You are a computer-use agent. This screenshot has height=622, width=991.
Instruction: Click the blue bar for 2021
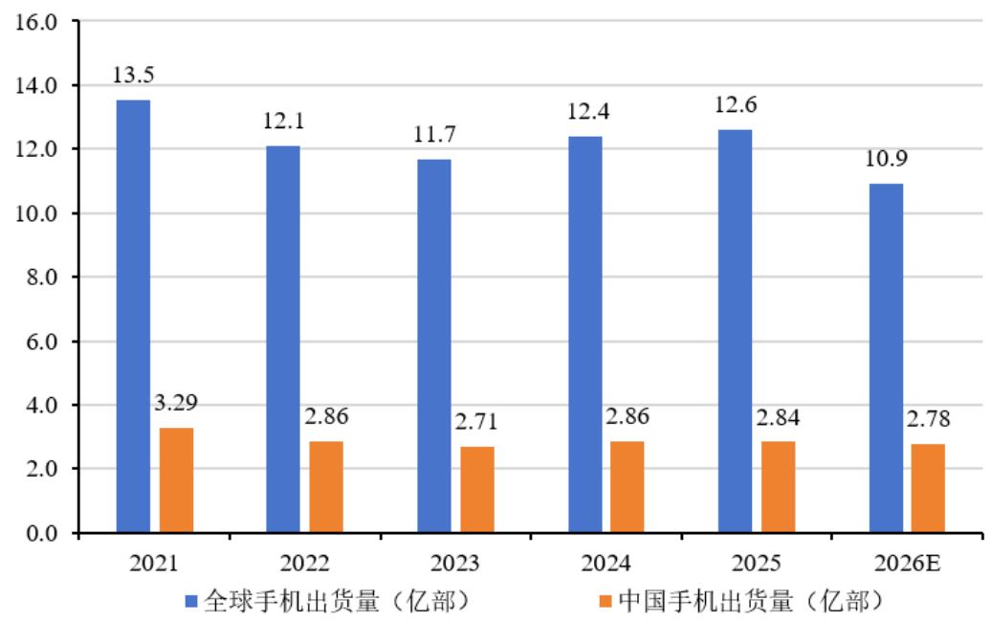[133, 316]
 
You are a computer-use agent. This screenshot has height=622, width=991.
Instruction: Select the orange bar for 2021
[176, 480]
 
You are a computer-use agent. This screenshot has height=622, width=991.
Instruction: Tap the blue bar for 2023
[434, 345]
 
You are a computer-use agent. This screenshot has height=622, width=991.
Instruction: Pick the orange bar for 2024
[627, 487]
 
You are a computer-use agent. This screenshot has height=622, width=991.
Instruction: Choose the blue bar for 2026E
[886, 359]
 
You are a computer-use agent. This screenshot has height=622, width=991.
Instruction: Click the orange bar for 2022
[326, 487]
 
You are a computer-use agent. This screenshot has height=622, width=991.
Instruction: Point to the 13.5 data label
[133, 76]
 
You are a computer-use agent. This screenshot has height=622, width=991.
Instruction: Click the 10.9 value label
[886, 159]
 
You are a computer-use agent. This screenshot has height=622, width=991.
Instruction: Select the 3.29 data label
[176, 403]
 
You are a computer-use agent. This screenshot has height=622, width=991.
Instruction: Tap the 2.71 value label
[476, 422]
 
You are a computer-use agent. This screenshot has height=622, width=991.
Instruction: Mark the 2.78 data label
[929, 418]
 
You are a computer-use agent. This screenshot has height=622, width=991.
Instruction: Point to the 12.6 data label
[736, 105]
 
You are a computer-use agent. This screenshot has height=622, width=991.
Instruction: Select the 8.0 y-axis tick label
[42, 278]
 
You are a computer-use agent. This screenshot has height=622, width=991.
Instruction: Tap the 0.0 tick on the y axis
[42, 534]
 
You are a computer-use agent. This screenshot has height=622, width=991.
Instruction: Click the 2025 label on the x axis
[756, 564]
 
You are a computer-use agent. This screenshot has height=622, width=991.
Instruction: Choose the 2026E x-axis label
[907, 564]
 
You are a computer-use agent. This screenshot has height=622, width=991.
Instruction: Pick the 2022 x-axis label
[304, 564]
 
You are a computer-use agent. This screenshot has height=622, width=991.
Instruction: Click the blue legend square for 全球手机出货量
[191, 601]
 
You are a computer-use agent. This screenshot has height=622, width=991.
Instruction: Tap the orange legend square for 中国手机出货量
[606, 601]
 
